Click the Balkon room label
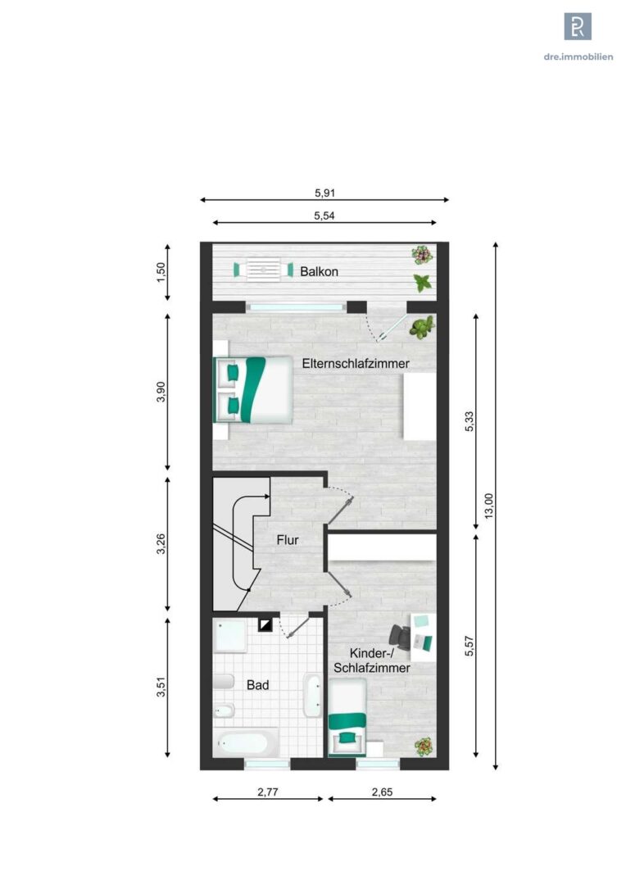(319, 271)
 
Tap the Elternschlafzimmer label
(356, 364)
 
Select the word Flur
(288, 540)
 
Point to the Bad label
(257, 685)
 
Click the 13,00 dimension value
(489, 506)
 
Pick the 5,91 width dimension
(324, 193)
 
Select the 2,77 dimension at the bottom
(268, 792)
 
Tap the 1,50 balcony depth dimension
(161, 273)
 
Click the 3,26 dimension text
(161, 543)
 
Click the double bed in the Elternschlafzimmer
(253, 389)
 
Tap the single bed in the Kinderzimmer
(347, 718)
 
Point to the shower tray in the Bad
(230, 636)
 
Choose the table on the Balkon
(263, 270)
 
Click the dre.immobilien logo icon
(578, 26)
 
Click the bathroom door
(297, 627)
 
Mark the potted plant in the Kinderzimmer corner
(424, 747)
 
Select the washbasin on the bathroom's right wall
(312, 695)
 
